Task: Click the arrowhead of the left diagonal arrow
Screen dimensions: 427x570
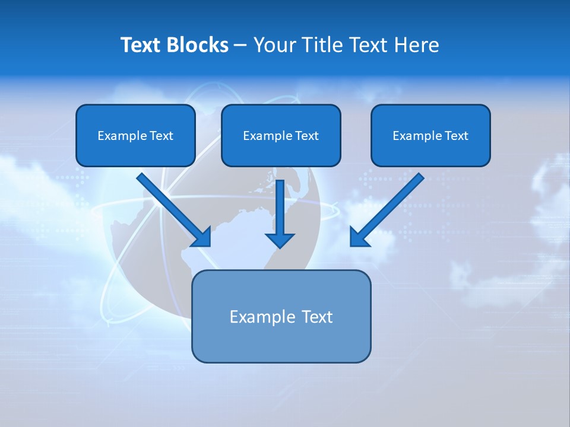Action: (202, 237)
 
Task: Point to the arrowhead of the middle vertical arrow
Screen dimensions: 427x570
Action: (280, 240)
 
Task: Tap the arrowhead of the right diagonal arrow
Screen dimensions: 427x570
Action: (358, 238)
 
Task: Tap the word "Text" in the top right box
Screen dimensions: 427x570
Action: (457, 136)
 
